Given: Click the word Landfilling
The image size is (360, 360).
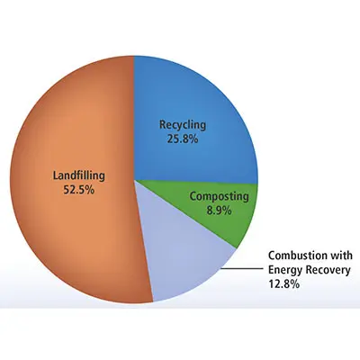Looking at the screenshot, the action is point(79,176).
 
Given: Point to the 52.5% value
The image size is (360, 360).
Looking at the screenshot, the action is point(78,190).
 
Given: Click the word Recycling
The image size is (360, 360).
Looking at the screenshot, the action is point(183,125).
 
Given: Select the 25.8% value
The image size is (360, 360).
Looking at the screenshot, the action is point(183,139).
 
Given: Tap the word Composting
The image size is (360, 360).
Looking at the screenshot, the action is point(220,197).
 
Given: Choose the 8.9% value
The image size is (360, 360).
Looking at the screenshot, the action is point(219,211).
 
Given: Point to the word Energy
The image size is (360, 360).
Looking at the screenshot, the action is point(285,271).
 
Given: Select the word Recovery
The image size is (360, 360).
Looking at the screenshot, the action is point(328,271).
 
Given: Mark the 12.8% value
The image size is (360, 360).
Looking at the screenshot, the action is point(283,284).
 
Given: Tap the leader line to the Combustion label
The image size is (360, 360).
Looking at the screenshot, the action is point(242,269).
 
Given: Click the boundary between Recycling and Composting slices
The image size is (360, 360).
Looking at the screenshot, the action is point(196,182).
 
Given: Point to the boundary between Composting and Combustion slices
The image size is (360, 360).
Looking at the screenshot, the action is point(185,214).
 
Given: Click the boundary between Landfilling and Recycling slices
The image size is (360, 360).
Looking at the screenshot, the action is point(134,118).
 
